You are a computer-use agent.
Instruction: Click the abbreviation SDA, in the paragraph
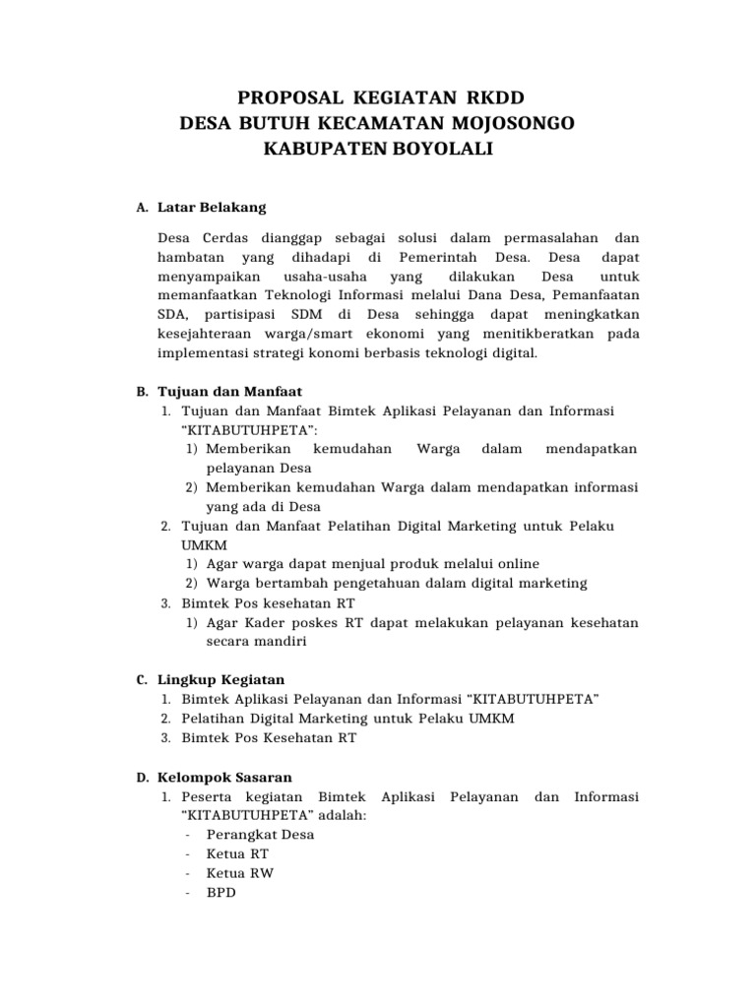point(173,314)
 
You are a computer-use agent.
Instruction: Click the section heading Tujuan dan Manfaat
point(218,392)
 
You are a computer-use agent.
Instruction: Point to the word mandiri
point(281,641)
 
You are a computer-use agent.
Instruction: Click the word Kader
point(257,622)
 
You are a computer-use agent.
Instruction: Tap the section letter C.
point(141,680)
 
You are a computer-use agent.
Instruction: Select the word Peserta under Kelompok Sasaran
point(210,795)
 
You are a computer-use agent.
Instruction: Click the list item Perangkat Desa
point(260,834)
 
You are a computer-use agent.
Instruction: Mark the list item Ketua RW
point(241,873)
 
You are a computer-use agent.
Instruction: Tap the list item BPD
point(220,892)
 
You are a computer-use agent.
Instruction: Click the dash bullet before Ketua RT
point(187,853)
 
